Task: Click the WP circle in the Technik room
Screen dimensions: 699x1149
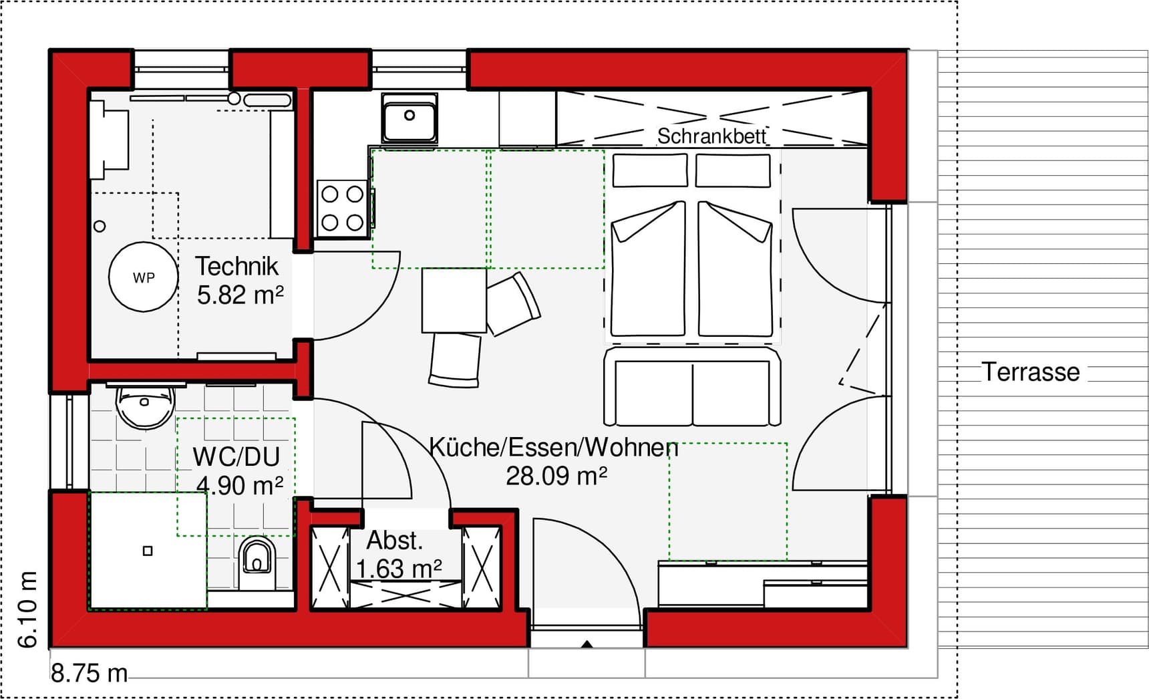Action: tap(144, 277)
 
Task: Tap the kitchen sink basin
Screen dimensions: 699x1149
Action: tap(409, 120)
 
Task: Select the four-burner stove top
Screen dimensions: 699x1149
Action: tap(343, 208)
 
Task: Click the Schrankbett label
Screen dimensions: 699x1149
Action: tap(711, 136)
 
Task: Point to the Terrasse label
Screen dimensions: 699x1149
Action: tap(1030, 372)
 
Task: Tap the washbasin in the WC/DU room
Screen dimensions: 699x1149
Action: tap(145, 406)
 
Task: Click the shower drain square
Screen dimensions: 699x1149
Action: tap(148, 551)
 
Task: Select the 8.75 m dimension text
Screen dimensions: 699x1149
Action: tap(89, 673)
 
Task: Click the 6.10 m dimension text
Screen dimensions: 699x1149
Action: tap(27, 609)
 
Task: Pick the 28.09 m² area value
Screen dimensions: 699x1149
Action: tap(556, 476)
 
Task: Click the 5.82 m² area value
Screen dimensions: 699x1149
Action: tap(240, 295)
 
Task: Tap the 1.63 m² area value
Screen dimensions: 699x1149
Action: tap(399, 569)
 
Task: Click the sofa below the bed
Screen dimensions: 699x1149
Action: tap(692, 388)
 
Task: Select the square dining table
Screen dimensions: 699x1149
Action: tap(454, 300)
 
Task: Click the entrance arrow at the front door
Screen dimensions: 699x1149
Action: tap(587, 644)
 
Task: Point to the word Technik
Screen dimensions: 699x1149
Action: tap(236, 266)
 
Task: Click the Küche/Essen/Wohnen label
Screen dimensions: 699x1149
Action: tap(553, 447)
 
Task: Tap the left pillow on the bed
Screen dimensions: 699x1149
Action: tap(650, 170)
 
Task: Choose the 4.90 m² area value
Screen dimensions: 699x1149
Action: tap(240, 486)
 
